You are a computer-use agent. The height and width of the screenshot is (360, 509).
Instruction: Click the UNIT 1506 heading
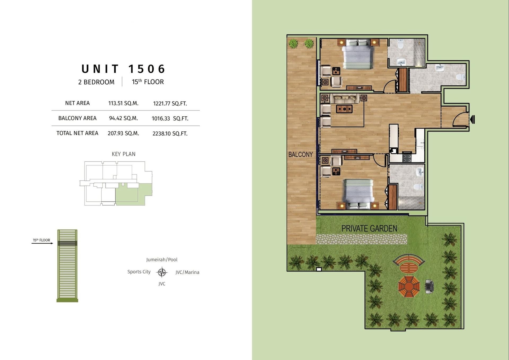coord(123,69)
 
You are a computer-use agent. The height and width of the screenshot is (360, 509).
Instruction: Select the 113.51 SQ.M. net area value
coord(123,103)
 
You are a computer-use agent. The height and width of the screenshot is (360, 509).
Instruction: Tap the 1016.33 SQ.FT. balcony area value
coord(170,118)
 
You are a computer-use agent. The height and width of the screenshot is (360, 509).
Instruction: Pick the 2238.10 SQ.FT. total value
coord(170,134)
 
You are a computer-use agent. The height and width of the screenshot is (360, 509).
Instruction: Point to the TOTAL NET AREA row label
coord(77,133)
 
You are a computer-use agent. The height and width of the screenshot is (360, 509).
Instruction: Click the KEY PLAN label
coord(124,154)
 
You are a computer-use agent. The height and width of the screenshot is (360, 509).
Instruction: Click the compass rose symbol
coord(162,272)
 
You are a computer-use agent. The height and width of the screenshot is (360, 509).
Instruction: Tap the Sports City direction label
coord(139,272)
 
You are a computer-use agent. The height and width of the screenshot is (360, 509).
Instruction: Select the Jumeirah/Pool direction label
coord(162,260)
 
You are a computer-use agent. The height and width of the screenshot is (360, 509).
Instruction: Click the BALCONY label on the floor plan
coord(301,155)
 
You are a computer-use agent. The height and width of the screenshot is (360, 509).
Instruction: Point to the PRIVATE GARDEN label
coord(369,229)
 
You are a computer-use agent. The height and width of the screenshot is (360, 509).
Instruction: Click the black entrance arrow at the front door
coord(472,119)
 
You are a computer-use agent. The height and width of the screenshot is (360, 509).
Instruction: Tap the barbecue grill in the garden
coord(429,286)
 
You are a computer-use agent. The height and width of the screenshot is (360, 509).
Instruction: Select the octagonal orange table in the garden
coord(409,287)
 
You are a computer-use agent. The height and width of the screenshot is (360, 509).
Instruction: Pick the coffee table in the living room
coord(344,109)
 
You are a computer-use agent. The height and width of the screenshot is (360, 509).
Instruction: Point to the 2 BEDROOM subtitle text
coord(96,82)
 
